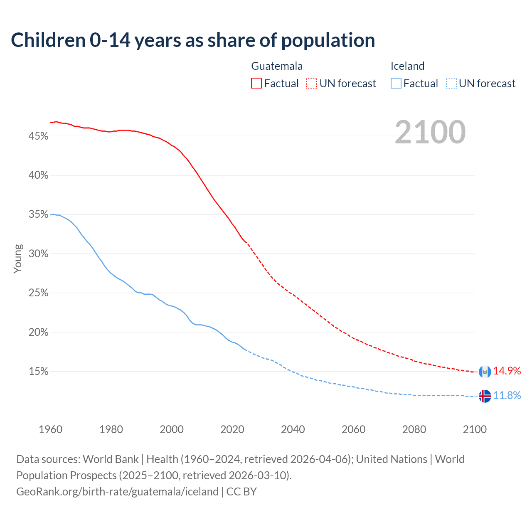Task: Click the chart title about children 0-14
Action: click(193, 40)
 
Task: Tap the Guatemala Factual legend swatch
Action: click(256, 84)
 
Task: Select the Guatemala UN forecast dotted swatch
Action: click(312, 84)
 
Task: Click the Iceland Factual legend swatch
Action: click(396, 84)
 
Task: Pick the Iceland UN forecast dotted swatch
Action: click(451, 84)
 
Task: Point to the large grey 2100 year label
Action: click(430, 132)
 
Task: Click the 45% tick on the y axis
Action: click(39, 136)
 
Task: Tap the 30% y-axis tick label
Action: click(39, 254)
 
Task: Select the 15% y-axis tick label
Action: click(39, 372)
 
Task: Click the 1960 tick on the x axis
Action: click(51, 429)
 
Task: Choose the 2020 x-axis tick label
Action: click(232, 429)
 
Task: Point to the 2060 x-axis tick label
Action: click(353, 429)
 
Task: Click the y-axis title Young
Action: click(18, 259)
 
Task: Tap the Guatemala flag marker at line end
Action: click(485, 372)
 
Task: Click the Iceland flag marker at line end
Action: click(485, 396)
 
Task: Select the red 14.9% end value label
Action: click(507, 371)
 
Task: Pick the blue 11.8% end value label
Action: click(507, 395)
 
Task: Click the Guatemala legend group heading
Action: click(277, 66)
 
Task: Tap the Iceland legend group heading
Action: click(407, 66)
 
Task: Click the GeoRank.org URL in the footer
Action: click(117, 492)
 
